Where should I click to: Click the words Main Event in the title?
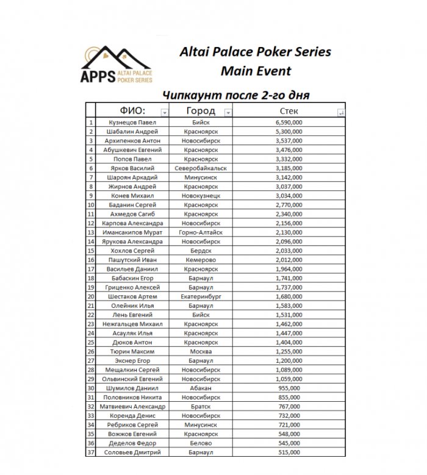[256, 70]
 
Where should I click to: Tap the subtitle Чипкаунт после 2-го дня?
[235, 95]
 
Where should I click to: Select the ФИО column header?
[131, 111]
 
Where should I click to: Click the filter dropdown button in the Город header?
[228, 112]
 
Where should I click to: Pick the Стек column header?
[289, 111]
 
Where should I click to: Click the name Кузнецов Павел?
[134, 122]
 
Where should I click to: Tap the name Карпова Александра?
[134, 223]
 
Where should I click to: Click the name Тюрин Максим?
[134, 352]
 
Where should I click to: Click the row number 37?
[91, 452]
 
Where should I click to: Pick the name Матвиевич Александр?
[134, 407]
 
